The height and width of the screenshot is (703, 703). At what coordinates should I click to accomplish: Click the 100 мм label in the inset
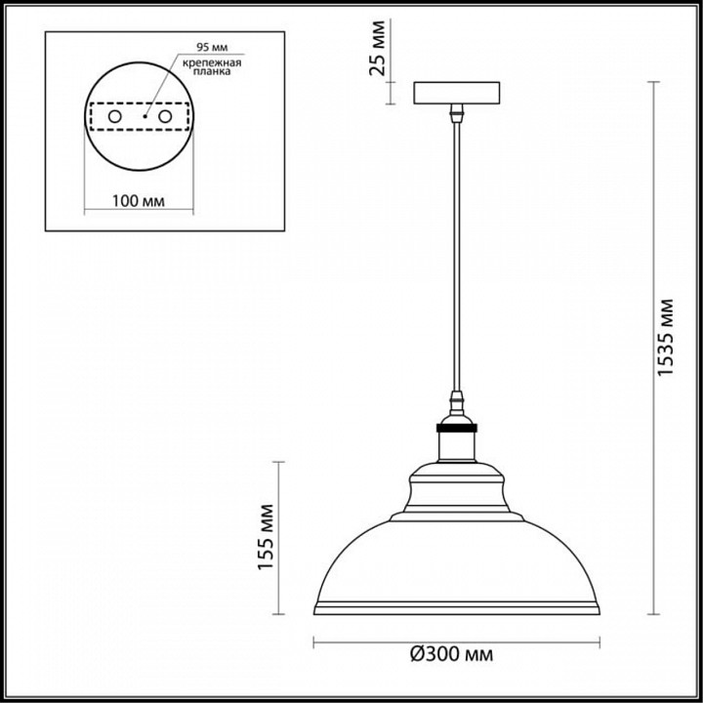click(x=137, y=201)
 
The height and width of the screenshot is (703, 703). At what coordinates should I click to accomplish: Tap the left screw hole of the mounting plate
click(x=114, y=116)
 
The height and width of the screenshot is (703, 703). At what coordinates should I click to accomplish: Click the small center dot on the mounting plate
click(x=144, y=116)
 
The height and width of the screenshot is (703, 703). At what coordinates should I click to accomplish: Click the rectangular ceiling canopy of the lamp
click(x=456, y=95)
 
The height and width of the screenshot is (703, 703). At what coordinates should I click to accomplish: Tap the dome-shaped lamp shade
click(x=456, y=557)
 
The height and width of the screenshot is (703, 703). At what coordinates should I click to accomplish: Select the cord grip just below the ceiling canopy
click(x=456, y=115)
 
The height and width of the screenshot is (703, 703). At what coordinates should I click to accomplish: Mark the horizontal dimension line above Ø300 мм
click(x=456, y=642)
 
